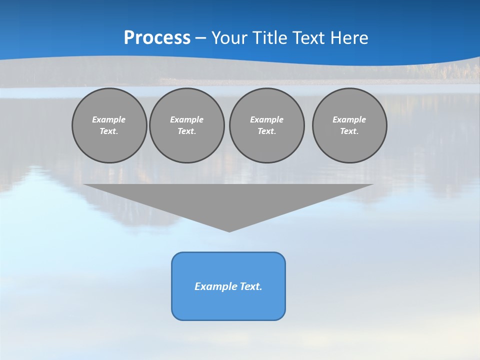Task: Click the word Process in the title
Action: coord(157,37)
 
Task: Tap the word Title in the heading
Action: coord(272,38)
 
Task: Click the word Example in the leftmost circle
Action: coord(109,119)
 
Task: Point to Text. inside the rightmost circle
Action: coord(349,131)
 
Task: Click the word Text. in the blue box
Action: coord(250,286)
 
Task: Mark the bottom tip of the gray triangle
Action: coord(229,231)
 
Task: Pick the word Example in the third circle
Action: coord(266,119)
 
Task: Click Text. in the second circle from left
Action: coord(186,131)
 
